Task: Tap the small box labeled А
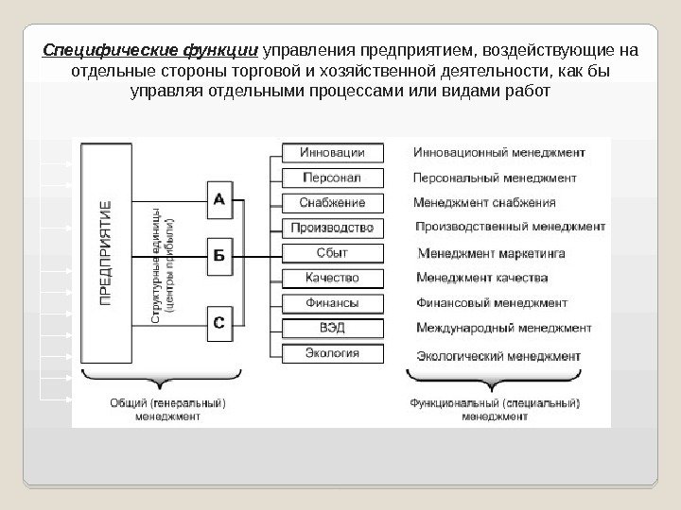point(218,200)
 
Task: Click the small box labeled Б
point(218,256)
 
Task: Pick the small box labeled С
point(218,324)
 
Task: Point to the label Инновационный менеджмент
point(498,152)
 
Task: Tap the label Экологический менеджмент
point(498,356)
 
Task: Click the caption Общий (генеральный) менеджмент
point(167,408)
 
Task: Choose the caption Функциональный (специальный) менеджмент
point(496,408)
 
